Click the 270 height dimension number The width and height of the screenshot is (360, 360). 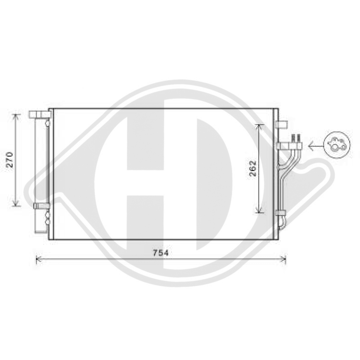point(10,159)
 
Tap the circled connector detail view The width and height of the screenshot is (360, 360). point(337,145)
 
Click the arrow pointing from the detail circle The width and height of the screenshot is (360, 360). point(315,146)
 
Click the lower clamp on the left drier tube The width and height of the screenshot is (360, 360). point(40,206)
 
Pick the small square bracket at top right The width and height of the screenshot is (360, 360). point(281,124)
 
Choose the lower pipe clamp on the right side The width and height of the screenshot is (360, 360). point(281,212)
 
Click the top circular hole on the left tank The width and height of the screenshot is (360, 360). point(47,124)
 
